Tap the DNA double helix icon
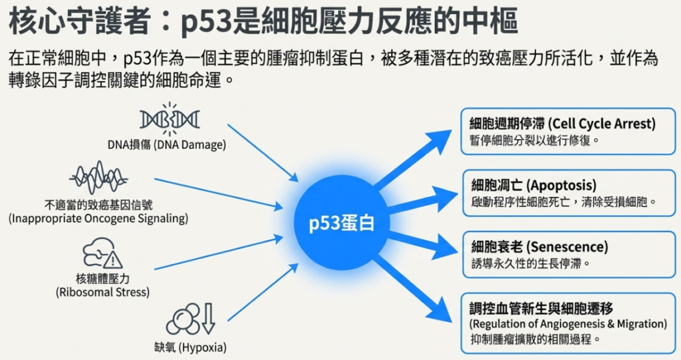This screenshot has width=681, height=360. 170,120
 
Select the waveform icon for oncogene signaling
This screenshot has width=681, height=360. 98,178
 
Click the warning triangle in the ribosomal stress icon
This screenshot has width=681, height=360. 112,259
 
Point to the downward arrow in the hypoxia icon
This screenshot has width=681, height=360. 208,317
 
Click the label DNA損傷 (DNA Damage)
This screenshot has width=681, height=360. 167,144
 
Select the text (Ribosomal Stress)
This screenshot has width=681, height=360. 102,291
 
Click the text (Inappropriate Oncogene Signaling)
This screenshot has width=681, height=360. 98,218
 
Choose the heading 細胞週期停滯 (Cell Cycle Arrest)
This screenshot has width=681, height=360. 562,123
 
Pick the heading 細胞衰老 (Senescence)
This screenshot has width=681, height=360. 539,246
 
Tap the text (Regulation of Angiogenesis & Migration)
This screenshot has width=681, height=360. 568,323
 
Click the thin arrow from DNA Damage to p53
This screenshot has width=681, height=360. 262,151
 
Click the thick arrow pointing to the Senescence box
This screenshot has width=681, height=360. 419,242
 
